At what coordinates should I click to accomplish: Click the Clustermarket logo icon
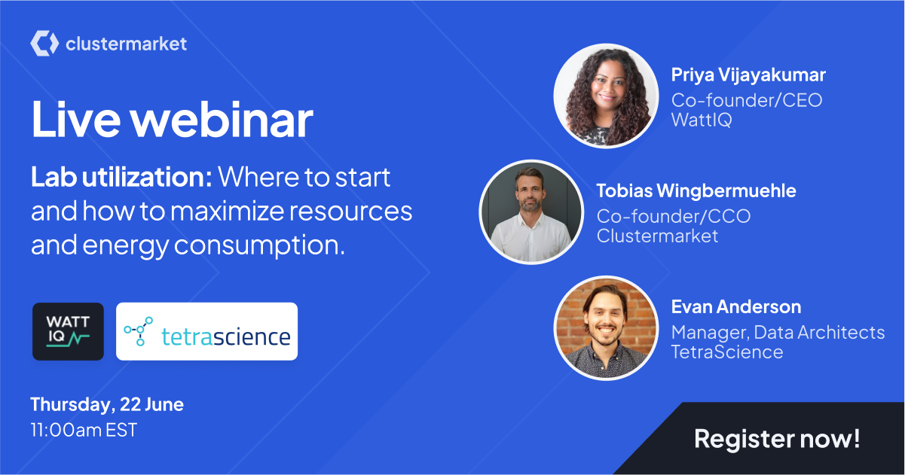[44, 43]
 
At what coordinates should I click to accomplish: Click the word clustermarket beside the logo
[126, 44]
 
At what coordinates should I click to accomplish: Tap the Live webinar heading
[172, 120]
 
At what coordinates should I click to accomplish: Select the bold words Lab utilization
[121, 177]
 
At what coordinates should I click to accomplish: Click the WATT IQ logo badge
[68, 331]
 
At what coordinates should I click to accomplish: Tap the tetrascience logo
[207, 331]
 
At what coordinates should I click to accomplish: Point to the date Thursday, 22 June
[107, 404]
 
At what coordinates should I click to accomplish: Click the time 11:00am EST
[84, 430]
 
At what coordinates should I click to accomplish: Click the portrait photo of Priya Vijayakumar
[606, 96]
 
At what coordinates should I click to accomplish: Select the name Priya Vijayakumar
[748, 75]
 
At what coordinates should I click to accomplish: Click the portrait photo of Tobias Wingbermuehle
[531, 212]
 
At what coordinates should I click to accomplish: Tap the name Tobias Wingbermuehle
[696, 191]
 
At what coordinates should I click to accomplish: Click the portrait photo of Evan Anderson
[606, 328]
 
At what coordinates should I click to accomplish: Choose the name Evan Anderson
[736, 307]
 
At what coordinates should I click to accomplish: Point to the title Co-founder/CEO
[747, 100]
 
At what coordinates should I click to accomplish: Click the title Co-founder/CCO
[674, 216]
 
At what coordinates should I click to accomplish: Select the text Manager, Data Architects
[778, 333]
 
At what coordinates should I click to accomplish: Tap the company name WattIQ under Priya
[702, 120]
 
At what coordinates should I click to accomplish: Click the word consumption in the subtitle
[259, 245]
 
